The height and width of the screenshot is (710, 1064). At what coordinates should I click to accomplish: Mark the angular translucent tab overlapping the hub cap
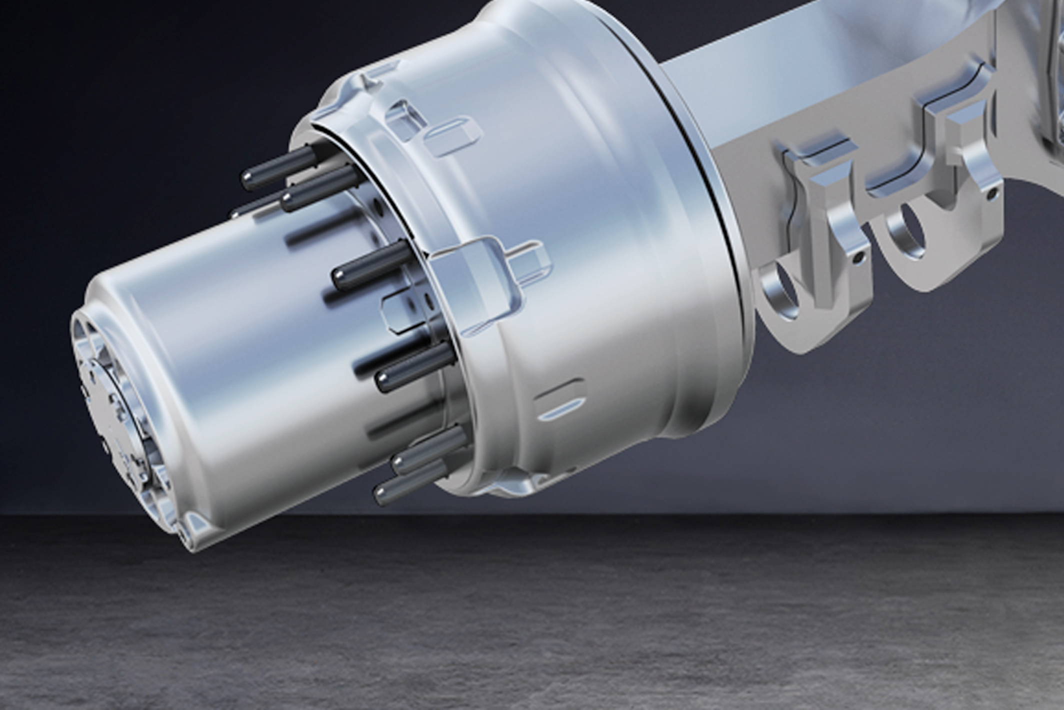pos(400,312)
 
